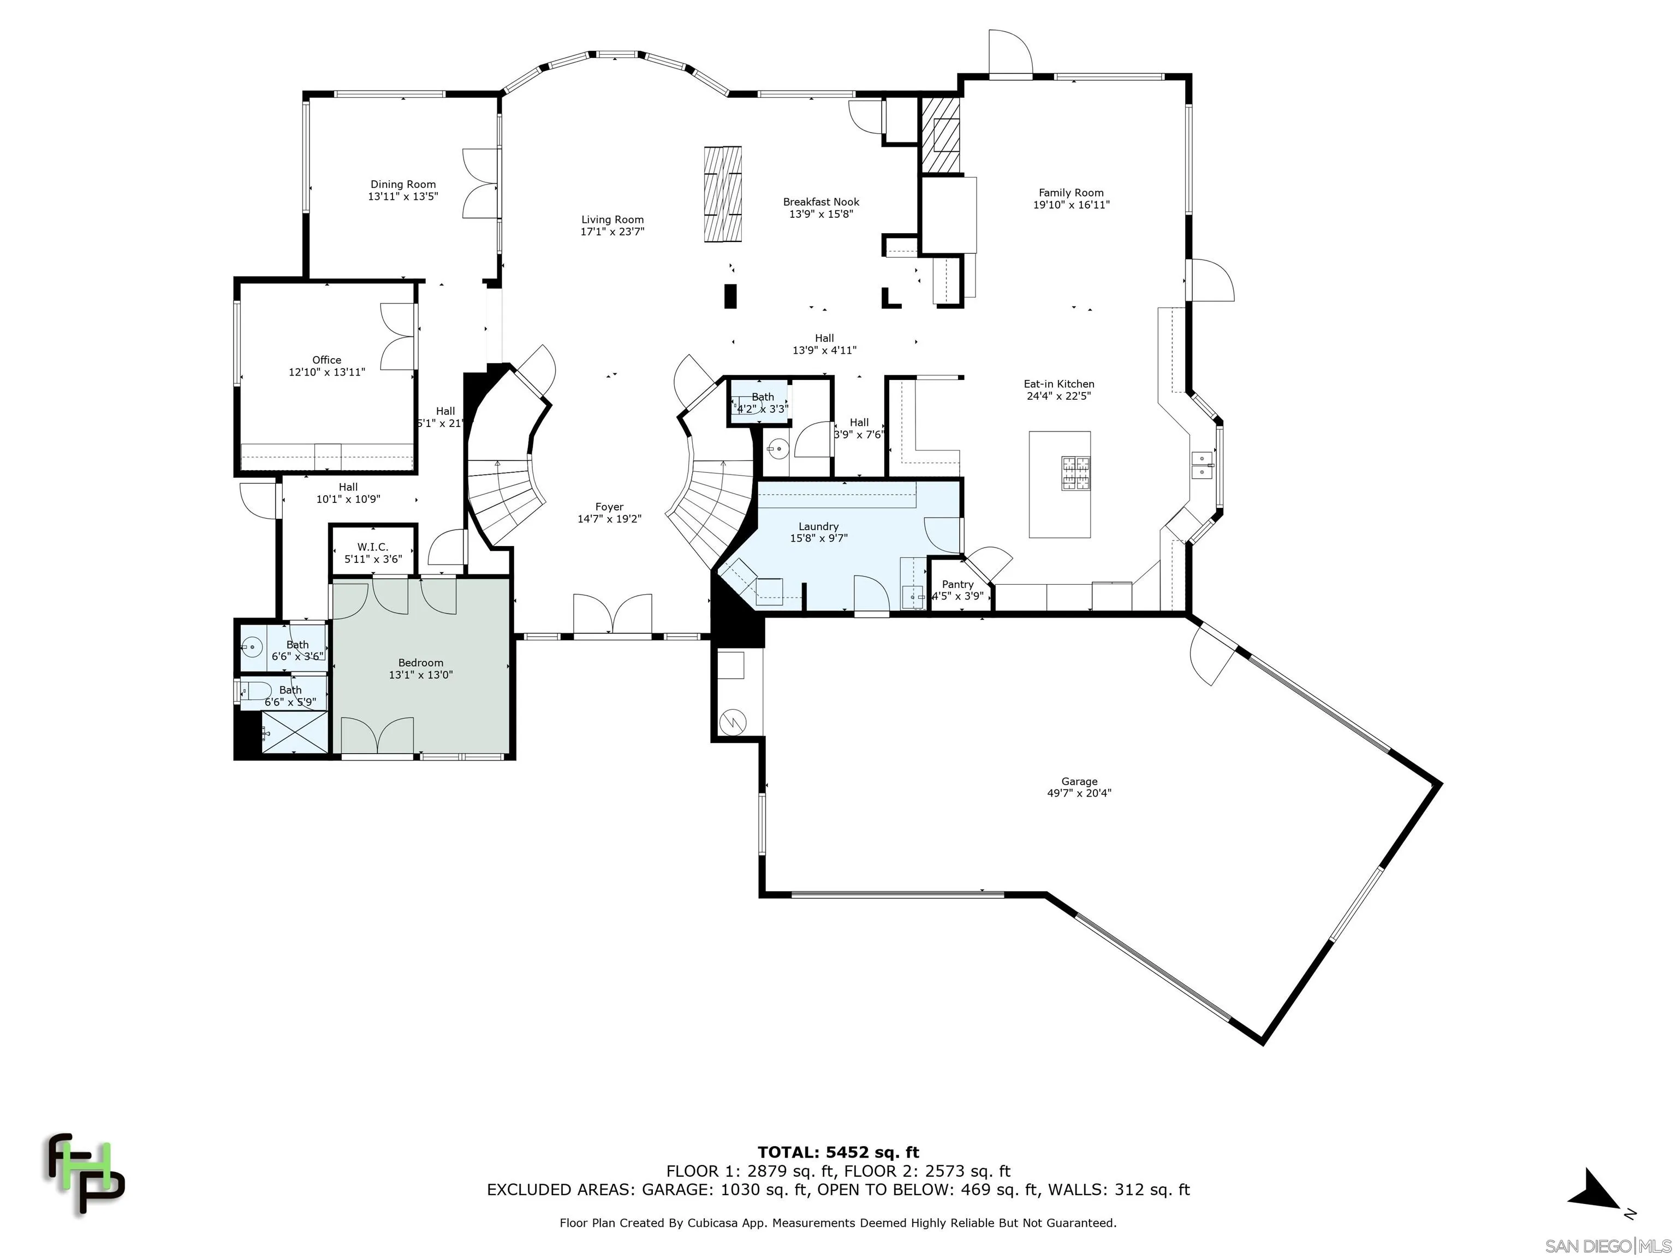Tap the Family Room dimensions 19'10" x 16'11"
(x=1071, y=205)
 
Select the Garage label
(x=1079, y=781)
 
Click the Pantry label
(x=957, y=584)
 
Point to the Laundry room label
(x=818, y=526)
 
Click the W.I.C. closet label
(x=372, y=547)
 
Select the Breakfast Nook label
(x=821, y=201)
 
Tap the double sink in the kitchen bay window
(x=1201, y=465)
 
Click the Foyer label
(x=609, y=507)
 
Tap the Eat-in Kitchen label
(x=1058, y=384)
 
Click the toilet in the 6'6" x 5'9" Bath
(x=258, y=690)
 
